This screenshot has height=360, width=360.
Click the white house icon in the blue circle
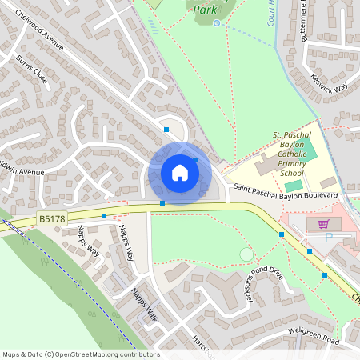click(180, 172)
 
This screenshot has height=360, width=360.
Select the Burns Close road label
click(30, 70)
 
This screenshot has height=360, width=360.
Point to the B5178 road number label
click(52, 218)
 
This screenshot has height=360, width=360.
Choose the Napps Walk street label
click(146, 305)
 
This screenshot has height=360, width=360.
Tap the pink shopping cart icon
click(323, 225)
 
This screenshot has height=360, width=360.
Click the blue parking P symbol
click(328, 238)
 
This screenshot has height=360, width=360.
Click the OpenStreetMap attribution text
click(80, 354)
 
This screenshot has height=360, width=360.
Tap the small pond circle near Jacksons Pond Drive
click(246, 254)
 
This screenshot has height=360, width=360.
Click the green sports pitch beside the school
click(294, 186)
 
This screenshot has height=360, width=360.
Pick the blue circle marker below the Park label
click(217, 23)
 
